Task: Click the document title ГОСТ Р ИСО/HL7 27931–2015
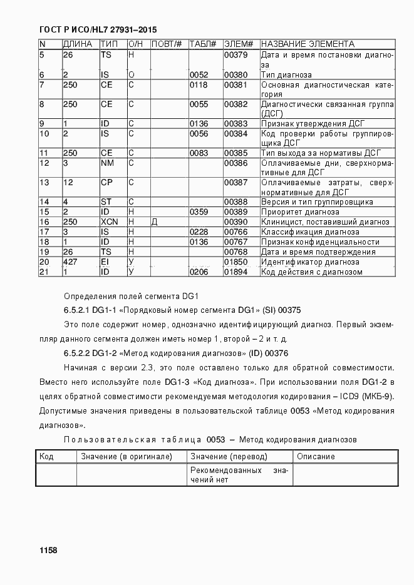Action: [x=98, y=29]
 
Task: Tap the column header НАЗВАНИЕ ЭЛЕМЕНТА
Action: [x=308, y=44]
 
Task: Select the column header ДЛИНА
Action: [x=78, y=44]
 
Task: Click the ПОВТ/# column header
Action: [x=167, y=44]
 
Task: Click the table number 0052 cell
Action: [x=199, y=74]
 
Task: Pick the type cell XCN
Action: [x=109, y=222]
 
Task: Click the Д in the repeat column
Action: [x=154, y=222]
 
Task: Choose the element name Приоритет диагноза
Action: [x=301, y=212]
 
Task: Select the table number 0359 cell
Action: [x=199, y=212]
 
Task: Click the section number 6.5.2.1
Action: [x=80, y=310]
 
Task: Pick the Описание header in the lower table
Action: [x=316, y=457]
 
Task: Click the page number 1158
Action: [x=48, y=550]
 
